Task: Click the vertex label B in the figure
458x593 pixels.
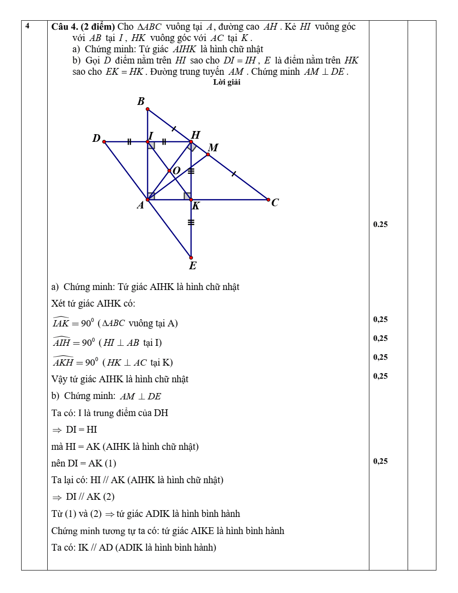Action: point(141,101)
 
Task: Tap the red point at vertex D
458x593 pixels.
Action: point(104,142)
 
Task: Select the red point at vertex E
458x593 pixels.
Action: point(191,258)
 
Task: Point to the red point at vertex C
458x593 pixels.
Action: point(269,199)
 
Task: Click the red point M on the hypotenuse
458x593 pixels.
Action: point(208,154)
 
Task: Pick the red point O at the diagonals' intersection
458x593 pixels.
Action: point(170,171)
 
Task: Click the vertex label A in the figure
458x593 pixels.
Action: point(140,205)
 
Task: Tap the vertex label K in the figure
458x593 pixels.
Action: point(196,206)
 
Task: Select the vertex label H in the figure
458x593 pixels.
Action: point(195,135)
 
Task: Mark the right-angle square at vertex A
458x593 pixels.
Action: point(151,196)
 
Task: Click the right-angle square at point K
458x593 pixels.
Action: point(187,196)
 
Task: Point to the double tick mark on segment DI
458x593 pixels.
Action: point(129,142)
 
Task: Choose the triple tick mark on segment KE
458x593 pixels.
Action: point(191,222)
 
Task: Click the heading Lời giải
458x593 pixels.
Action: point(227,82)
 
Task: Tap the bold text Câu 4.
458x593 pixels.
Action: point(65,27)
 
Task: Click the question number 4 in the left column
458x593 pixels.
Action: point(27,26)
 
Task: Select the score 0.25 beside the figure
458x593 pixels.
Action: point(380,224)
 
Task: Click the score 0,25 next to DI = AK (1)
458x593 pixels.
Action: point(380,461)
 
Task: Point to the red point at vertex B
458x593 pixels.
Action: point(148,109)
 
